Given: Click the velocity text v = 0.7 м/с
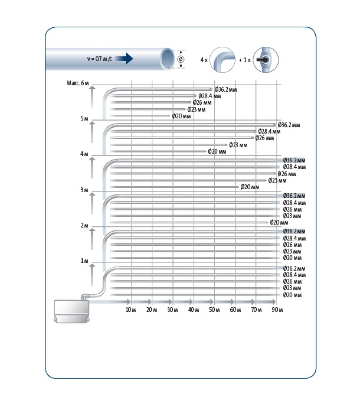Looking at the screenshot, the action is [100, 59].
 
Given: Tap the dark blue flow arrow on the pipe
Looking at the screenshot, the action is [124, 58].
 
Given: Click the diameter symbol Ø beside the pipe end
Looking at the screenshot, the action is [181, 59].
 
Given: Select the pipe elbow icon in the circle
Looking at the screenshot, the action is [222, 60].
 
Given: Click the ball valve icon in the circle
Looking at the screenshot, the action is [266, 60].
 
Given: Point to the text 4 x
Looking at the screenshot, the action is [204, 60].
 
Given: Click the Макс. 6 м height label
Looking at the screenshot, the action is [78, 83].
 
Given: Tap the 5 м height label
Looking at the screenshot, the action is [84, 118].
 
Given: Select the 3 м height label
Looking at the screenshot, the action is [84, 190].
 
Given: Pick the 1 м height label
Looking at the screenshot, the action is [84, 261].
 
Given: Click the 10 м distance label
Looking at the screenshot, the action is [131, 310].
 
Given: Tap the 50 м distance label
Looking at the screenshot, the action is [214, 310].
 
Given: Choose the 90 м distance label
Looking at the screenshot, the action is [277, 310].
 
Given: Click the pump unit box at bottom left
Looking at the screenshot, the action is [72, 311].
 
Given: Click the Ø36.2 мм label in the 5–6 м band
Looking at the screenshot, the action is [226, 90].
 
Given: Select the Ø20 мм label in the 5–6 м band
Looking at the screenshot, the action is [181, 116].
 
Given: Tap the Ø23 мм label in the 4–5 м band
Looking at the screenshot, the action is [238, 145].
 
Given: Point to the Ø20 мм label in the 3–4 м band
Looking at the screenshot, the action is [250, 187].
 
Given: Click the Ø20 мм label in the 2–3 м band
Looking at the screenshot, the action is [279, 223].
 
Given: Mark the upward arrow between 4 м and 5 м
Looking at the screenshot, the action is [92, 132].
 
